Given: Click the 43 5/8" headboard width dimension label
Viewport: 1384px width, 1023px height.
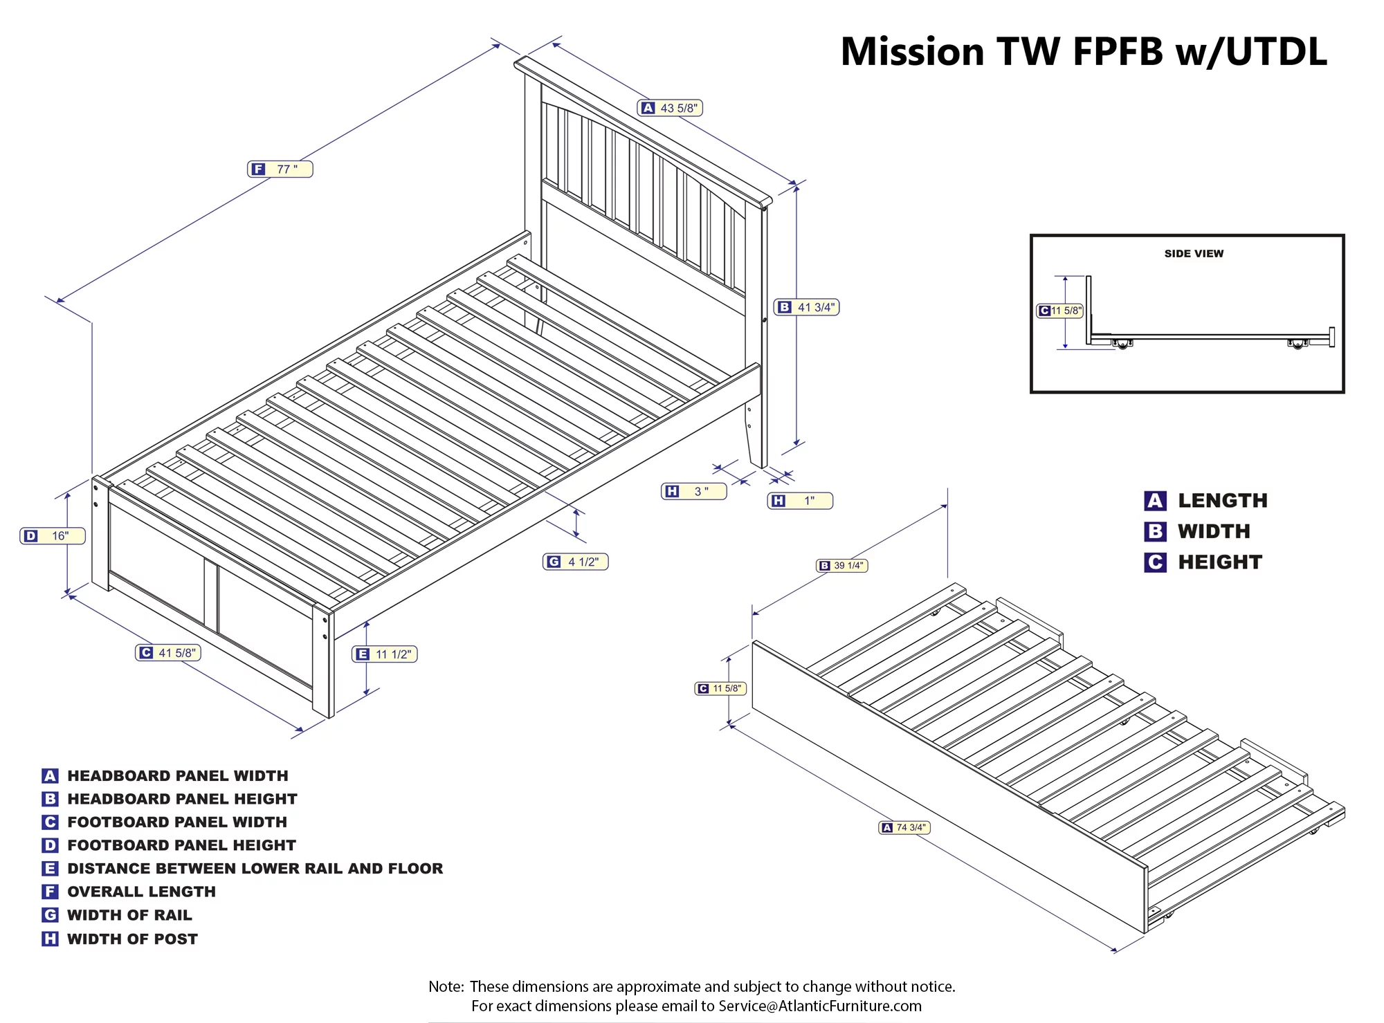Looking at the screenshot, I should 669,108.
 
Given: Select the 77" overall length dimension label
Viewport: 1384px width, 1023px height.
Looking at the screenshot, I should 280,169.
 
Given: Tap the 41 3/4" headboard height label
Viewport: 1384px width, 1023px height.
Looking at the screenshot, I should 806,307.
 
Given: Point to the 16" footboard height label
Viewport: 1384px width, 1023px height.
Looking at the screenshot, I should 53,536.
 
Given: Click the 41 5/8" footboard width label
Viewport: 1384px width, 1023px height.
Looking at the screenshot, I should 168,653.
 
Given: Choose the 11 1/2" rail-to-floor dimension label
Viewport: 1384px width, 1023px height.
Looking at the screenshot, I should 385,654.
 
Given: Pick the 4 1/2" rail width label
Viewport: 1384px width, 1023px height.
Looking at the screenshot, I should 575,562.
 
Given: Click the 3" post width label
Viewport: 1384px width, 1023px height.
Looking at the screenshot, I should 693,492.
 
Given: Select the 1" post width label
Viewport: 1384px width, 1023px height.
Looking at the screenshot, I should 800,501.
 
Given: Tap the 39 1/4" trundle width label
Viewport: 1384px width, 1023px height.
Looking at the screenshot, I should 841,566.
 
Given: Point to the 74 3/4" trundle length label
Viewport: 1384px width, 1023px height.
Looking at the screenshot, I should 904,827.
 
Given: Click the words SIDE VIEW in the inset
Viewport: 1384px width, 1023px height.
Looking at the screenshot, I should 1194,254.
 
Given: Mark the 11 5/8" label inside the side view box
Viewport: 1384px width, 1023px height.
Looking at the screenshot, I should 1059,311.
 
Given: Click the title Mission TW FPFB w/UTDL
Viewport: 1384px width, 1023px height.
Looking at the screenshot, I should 1084,52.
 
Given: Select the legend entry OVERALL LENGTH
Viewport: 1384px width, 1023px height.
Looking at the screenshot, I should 141,892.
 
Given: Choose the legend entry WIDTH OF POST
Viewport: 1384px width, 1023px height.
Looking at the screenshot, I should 132,939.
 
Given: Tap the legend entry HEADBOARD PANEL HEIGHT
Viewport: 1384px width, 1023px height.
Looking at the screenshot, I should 182,799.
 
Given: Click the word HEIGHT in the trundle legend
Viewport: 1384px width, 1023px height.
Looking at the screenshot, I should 1220,562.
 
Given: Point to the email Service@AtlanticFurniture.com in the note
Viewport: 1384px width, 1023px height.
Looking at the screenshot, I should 820,1006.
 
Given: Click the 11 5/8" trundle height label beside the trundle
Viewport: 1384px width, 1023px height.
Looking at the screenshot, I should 720,689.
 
